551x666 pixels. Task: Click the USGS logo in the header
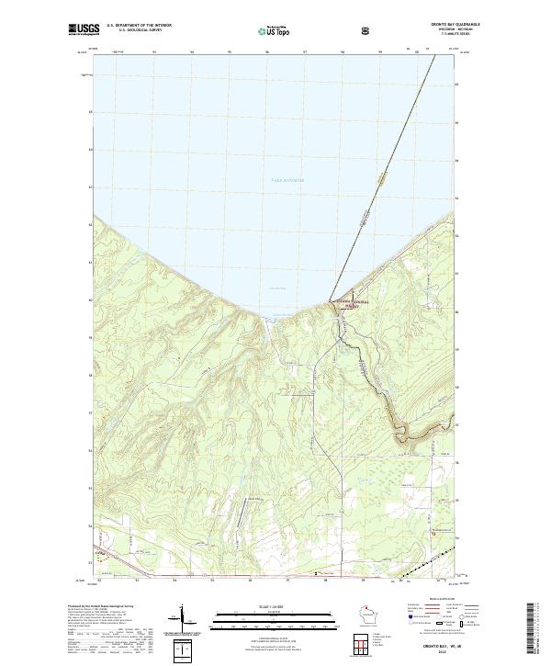[83, 30]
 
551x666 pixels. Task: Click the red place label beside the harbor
[347, 303]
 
